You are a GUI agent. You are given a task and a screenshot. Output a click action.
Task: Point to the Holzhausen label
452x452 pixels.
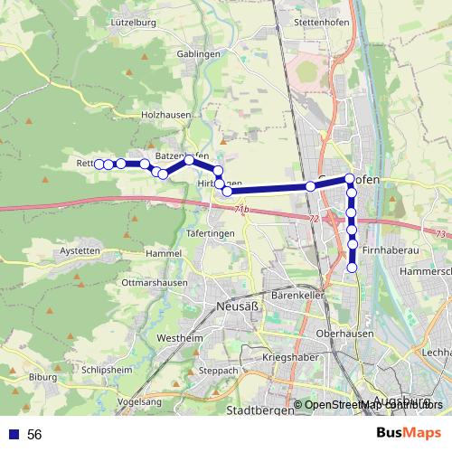(165, 115)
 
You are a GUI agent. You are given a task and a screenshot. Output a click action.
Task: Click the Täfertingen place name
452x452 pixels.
(210, 232)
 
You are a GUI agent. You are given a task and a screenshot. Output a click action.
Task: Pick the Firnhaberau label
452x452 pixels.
(387, 248)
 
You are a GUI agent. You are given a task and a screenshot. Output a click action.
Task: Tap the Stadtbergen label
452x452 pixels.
(261, 410)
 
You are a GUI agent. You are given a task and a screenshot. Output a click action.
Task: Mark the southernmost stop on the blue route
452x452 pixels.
(353, 267)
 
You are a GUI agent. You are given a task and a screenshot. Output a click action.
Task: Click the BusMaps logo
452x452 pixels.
(408, 433)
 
